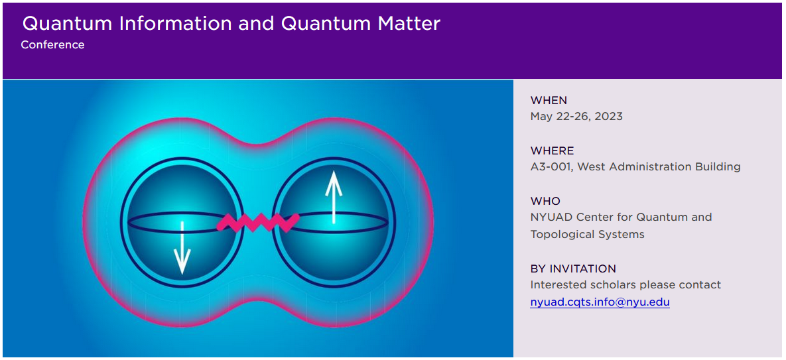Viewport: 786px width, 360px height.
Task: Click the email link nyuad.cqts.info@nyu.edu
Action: coord(600,302)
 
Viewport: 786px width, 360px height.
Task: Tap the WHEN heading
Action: coord(549,100)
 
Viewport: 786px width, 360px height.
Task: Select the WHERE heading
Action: coord(553,150)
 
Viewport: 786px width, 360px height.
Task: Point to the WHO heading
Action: coord(545,202)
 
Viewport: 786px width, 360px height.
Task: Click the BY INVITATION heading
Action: coord(574,269)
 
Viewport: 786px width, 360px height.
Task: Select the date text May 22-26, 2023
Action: coord(576,117)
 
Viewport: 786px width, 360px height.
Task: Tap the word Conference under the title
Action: coord(52,44)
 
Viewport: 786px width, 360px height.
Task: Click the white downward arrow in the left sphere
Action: coord(182,247)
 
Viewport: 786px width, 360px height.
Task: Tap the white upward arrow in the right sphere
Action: coord(334,198)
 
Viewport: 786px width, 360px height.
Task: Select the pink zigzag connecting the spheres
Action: coord(258,222)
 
